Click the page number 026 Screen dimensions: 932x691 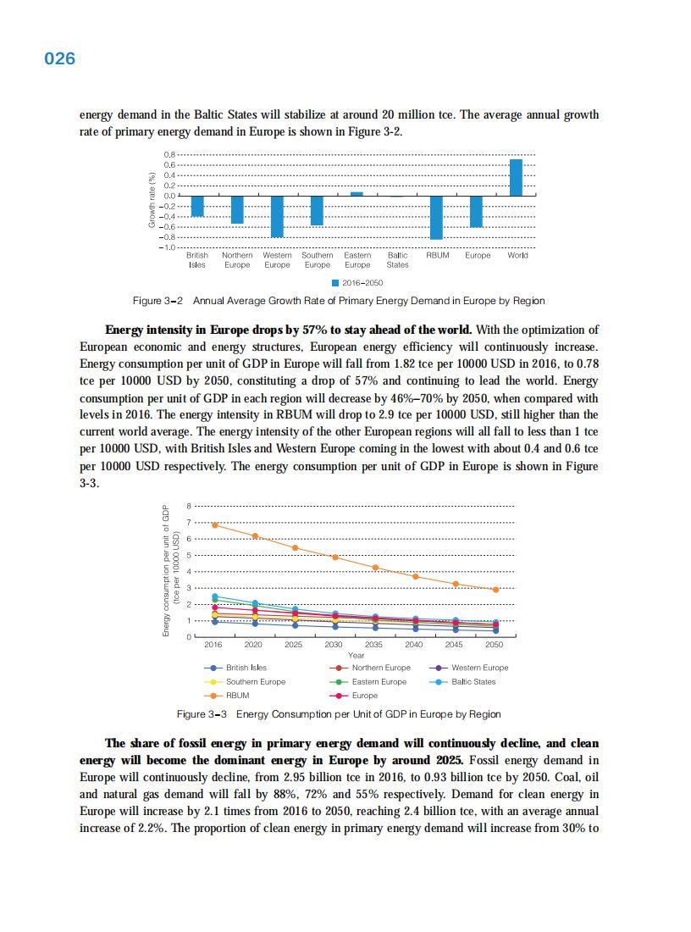tap(59, 58)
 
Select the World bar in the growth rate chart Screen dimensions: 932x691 tap(516, 177)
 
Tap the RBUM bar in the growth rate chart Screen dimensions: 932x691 tap(436, 218)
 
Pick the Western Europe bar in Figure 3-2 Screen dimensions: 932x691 tap(277, 217)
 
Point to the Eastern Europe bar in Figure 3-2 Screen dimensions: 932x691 tap(357, 194)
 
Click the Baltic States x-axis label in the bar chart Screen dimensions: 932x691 tap(397, 259)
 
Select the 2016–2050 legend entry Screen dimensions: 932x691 tap(357, 283)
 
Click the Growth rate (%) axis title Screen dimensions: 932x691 tap(152, 200)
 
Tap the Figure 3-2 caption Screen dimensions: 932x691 tap(339, 301)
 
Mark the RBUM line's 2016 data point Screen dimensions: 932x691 tap(215, 525)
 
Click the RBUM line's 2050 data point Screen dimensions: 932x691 tap(495, 590)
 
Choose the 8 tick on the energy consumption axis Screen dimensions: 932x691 tap(189, 506)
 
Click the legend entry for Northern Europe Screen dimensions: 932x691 tap(373, 668)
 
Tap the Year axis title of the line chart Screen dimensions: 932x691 tap(356, 655)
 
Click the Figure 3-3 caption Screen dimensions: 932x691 tap(339, 714)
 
